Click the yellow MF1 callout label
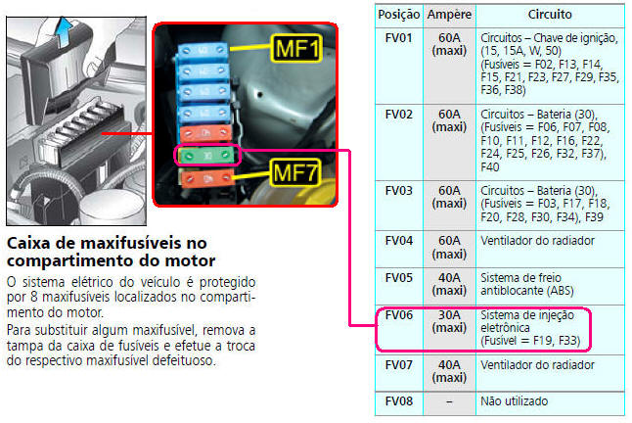click(296, 48)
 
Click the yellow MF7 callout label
click(295, 172)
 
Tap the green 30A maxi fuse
click(207, 156)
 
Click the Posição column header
click(398, 15)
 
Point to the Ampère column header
click(449, 15)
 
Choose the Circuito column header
click(550, 15)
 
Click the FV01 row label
click(398, 38)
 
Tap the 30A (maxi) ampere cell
click(449, 321)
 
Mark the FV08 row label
click(398, 401)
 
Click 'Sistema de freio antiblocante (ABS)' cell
click(526, 284)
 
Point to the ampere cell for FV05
click(449, 284)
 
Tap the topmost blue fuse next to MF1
click(203, 51)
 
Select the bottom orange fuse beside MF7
click(207, 178)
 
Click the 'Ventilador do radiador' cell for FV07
click(537, 365)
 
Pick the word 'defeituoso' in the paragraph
click(184, 360)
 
